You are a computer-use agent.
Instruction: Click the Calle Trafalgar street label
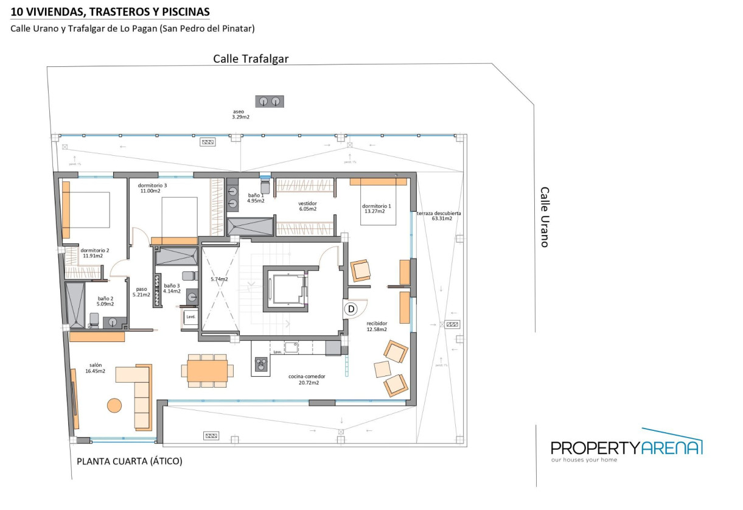pyautogui.click(x=250, y=59)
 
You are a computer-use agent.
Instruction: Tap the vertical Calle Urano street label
pyautogui.click(x=545, y=217)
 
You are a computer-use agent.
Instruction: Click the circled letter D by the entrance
pyautogui.click(x=351, y=309)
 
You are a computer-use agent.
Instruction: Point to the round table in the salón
pyautogui.click(x=114, y=405)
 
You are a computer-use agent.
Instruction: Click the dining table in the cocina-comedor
pyautogui.click(x=207, y=370)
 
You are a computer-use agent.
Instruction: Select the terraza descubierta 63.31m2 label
pyautogui.click(x=439, y=216)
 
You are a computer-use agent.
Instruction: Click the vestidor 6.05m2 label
pyautogui.click(x=307, y=206)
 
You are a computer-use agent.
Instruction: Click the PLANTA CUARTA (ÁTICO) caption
pyautogui.click(x=129, y=461)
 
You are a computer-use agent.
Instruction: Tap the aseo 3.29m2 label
pyautogui.click(x=240, y=114)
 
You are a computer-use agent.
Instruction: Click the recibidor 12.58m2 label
pyautogui.click(x=377, y=327)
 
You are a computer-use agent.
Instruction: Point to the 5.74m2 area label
pyautogui.click(x=219, y=279)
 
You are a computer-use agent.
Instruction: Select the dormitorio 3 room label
pyautogui.click(x=152, y=188)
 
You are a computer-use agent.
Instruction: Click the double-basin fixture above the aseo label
pyautogui.click(x=270, y=101)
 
